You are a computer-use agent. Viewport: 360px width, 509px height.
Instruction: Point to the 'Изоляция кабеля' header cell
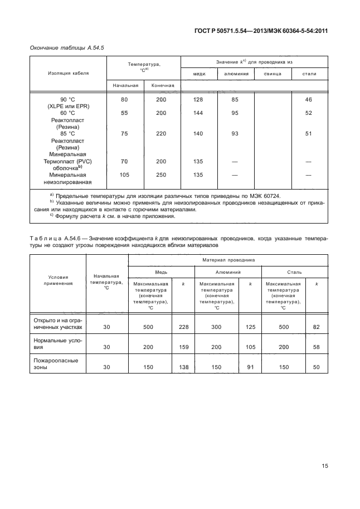pyautogui.click(x=67, y=73)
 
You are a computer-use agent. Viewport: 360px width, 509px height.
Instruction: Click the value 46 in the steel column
pyautogui.click(x=309, y=100)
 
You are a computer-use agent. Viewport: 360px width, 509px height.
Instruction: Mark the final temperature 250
pyautogui.click(x=161, y=174)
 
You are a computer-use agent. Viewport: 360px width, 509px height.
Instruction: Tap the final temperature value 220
pyautogui.click(x=161, y=134)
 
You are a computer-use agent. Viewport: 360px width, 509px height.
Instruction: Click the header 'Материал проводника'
pyautogui.click(x=228, y=259)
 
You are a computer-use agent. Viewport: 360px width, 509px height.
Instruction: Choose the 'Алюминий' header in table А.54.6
pyautogui.click(x=227, y=272)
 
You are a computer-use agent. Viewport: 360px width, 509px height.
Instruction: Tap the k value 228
pyautogui.click(x=184, y=327)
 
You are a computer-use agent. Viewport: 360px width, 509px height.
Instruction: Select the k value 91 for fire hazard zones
pyautogui.click(x=250, y=367)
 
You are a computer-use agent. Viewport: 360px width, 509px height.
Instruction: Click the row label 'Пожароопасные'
pyautogui.click(x=56, y=361)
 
